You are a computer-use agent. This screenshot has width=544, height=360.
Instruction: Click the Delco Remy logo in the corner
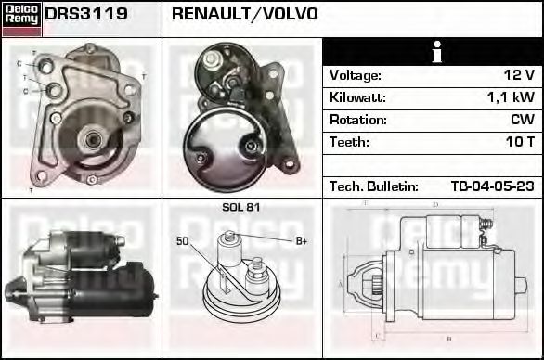pyautogui.click(x=20, y=19)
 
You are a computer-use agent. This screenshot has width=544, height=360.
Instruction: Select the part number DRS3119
pyautogui.click(x=86, y=14)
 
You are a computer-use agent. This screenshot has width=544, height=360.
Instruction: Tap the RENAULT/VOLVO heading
pyautogui.click(x=245, y=14)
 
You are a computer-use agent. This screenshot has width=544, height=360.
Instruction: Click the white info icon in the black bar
pyautogui.click(x=432, y=52)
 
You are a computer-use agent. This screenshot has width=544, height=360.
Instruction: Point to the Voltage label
pyautogui.click(x=356, y=75)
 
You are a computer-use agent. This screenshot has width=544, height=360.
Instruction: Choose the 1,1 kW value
pyautogui.click(x=510, y=97)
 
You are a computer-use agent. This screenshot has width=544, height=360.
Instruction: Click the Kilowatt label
pyautogui.click(x=357, y=97)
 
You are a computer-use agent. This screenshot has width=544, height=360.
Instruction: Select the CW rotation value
pyautogui.click(x=523, y=120)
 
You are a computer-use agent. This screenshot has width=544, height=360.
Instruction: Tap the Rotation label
pyautogui.click(x=357, y=120)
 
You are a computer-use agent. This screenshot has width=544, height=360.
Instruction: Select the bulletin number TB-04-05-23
pyautogui.click(x=492, y=186)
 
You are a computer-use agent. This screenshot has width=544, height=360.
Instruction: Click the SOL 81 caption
pyautogui.click(x=240, y=207)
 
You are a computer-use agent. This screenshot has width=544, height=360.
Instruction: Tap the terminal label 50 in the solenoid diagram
pyautogui.click(x=183, y=241)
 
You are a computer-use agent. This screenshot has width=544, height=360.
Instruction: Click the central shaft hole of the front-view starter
pyautogui.click(x=92, y=140)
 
